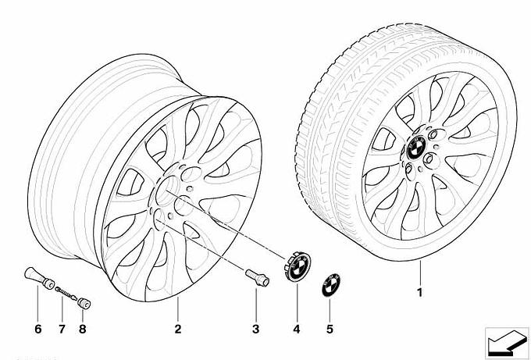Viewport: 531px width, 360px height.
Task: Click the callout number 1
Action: point(419,294)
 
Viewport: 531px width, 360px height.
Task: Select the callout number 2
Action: point(178,329)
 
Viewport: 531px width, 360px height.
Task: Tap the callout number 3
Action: point(255,329)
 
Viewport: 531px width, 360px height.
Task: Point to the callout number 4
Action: point(296,329)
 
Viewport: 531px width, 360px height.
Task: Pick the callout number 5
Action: point(329,329)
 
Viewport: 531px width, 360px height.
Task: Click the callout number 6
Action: point(37,329)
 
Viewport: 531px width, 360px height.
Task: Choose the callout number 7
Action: point(60,329)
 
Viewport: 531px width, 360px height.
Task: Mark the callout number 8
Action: point(82,329)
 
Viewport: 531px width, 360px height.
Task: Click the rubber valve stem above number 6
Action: point(36,277)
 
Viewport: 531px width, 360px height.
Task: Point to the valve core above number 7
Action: point(66,292)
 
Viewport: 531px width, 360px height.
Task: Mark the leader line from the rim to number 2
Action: point(178,309)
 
